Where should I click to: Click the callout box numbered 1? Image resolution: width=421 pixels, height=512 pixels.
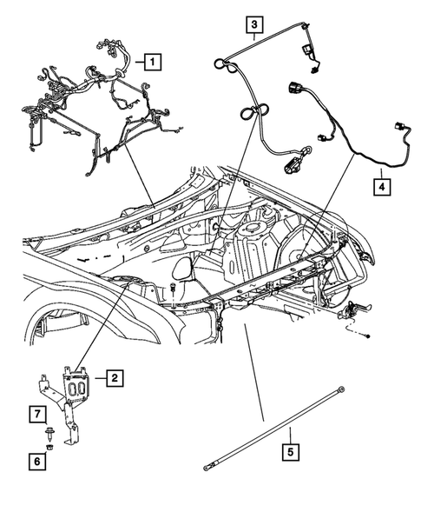click(152, 62)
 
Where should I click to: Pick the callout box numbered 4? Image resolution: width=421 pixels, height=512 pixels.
click(381, 185)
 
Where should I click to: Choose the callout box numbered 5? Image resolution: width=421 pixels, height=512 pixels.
click(291, 451)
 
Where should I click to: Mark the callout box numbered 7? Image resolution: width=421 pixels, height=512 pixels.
click(39, 412)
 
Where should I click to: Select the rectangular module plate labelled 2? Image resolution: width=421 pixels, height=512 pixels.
click(77, 386)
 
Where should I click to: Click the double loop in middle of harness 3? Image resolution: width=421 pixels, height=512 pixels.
click(250, 112)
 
